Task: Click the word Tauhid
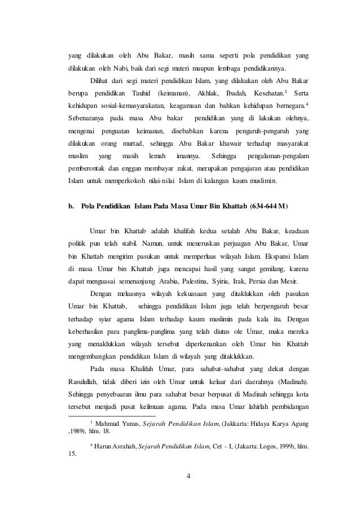pos(141,92)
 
